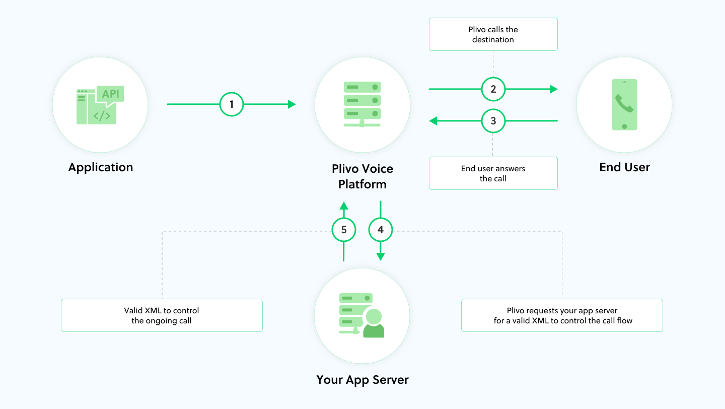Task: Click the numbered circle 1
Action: click(x=232, y=105)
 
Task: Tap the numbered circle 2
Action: click(x=493, y=90)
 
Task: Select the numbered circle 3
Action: click(x=493, y=121)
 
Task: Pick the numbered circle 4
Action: click(x=381, y=230)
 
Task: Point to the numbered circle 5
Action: click(x=344, y=230)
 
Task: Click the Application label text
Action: click(x=101, y=167)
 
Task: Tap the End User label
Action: click(x=624, y=167)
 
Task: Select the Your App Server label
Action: click(x=362, y=379)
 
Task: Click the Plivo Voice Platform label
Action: click(x=362, y=176)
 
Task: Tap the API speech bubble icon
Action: click(x=110, y=94)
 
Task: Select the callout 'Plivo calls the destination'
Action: click(x=493, y=34)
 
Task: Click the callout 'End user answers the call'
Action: click(x=493, y=173)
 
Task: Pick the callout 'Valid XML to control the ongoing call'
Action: click(x=162, y=315)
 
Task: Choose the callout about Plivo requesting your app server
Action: click(x=562, y=315)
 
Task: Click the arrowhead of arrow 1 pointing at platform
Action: click(x=292, y=105)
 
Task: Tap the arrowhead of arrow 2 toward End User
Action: click(x=553, y=90)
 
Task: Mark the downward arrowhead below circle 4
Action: click(x=381, y=256)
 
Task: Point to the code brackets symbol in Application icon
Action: click(x=102, y=115)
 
